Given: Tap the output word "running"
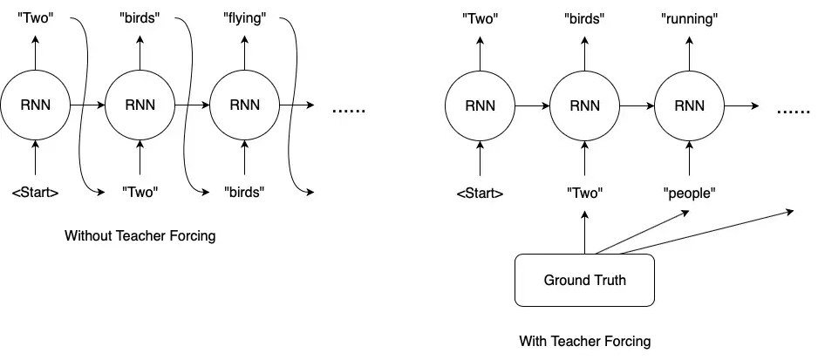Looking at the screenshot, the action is click(689, 19).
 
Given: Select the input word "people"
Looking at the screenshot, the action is click(689, 194).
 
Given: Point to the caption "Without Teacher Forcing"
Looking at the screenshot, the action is click(140, 236).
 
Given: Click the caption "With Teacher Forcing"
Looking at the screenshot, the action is click(585, 342).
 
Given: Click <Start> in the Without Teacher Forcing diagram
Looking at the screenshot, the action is click(36, 193).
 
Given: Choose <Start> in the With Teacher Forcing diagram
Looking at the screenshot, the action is click(480, 194).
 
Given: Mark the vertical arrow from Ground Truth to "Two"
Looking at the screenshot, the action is click(584, 232).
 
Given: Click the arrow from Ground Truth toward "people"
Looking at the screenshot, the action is click(642, 232).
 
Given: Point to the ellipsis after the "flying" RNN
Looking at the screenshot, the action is click(349, 110).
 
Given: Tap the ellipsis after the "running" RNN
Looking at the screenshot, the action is click(794, 111).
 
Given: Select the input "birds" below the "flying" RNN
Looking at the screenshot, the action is click(245, 193).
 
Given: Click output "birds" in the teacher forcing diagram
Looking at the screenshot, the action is click(584, 19).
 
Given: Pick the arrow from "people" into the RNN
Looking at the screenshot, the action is click(689, 158).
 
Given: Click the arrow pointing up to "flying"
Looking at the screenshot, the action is click(245, 52).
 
